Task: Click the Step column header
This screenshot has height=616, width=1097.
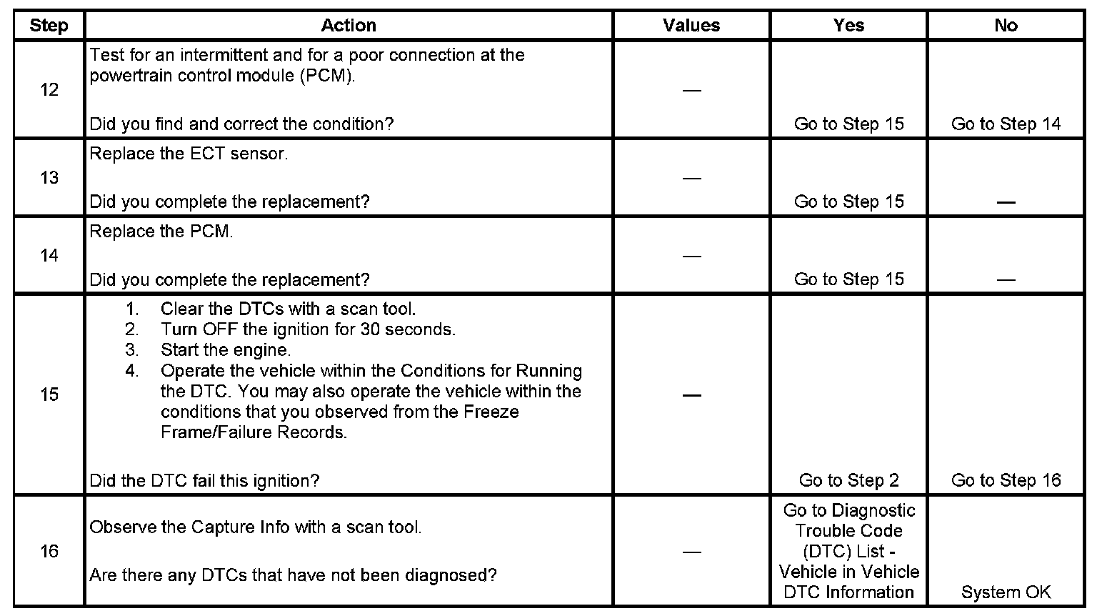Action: pos(49,26)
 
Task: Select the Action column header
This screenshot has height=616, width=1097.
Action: pos(349,26)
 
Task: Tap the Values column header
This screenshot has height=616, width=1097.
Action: pos(691,26)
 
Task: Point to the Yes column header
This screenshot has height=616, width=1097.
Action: pos(848,26)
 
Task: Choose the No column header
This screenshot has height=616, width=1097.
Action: pos(1006,26)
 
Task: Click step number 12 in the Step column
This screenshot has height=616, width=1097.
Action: pos(49,90)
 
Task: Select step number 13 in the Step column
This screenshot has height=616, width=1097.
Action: pos(49,177)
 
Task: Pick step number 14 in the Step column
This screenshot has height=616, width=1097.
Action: pos(49,255)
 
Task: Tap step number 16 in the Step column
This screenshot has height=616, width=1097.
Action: pos(49,551)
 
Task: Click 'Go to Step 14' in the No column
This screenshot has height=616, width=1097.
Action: pos(1006,124)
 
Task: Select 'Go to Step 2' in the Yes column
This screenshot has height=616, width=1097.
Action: pos(848,480)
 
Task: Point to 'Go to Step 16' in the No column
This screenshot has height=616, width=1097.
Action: pos(1006,480)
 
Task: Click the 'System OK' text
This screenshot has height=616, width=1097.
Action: pos(1006,592)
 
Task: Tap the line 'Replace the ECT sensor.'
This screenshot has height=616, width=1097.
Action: pos(189,154)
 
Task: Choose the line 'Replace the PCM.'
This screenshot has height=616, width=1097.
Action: pos(161,232)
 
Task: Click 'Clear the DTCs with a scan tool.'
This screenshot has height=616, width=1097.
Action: pos(288,309)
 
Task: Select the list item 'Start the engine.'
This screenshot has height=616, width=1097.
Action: pos(226,350)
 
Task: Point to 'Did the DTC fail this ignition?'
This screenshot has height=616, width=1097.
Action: pos(204,480)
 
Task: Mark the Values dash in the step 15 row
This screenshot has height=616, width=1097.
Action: pos(691,395)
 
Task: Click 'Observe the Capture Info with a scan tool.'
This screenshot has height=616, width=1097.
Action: pos(256,527)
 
